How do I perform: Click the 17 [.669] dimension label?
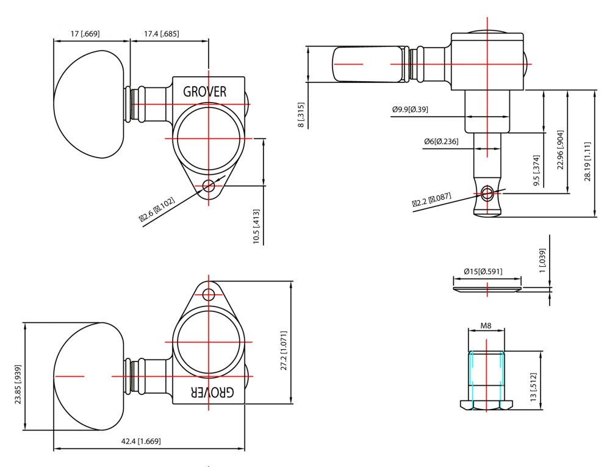(85, 34)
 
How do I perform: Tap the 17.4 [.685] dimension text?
(162, 34)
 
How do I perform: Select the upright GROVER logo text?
(204, 92)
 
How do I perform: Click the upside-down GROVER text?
(212, 393)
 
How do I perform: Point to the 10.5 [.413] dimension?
(256, 226)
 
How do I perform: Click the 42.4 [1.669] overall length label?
(141, 441)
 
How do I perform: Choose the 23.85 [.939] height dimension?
(18, 384)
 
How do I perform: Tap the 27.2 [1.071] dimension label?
(284, 350)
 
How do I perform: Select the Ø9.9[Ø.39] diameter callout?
(410, 109)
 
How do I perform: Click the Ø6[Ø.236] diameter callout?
(441, 142)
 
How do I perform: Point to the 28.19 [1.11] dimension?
(588, 161)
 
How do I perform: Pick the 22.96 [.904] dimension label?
(561, 150)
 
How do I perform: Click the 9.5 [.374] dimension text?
(537, 171)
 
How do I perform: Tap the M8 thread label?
(486, 326)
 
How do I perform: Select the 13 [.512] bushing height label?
(533, 387)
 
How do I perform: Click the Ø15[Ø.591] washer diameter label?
(483, 271)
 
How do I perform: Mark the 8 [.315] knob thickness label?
(301, 115)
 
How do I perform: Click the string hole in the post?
(487, 193)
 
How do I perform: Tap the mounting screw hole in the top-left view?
(209, 186)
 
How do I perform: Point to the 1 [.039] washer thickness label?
(542, 261)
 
